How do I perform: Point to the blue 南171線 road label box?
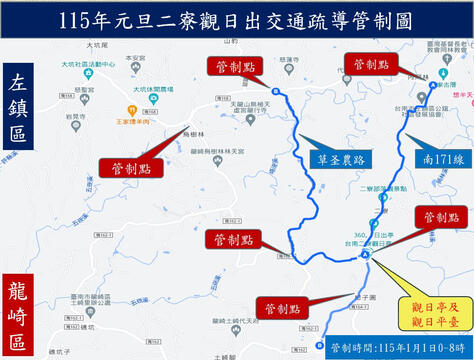point(438,158)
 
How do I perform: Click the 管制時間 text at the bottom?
point(396,346)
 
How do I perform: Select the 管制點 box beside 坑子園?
point(279,308)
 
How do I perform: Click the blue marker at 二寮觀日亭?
point(366,254)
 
